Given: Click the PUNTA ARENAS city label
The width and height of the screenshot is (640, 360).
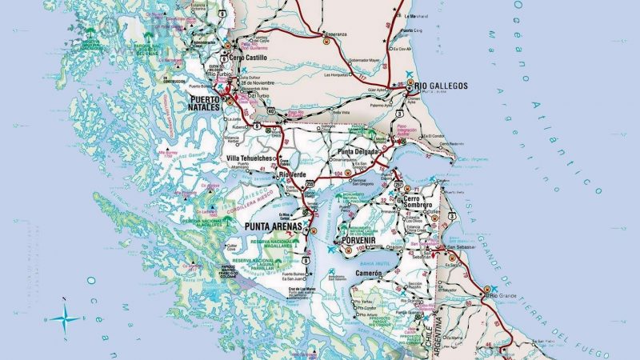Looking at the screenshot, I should tap(271, 227).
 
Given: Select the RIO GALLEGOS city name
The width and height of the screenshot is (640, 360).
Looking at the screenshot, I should tap(439, 86).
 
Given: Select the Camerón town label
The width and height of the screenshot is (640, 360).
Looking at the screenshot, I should tap(369, 274).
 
